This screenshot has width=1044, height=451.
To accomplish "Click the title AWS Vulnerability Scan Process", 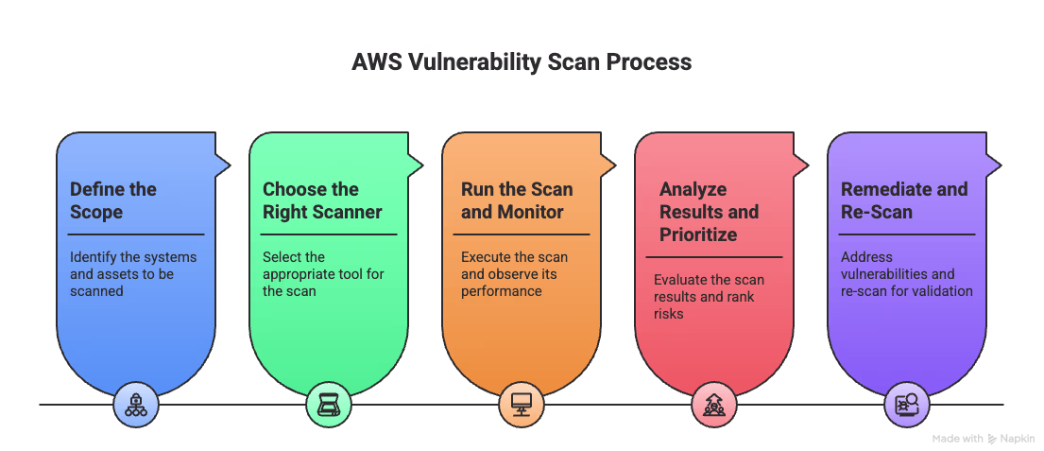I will [522, 63].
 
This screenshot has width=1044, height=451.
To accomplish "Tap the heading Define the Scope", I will [113, 200].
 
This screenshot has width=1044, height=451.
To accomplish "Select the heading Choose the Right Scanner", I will [311, 200].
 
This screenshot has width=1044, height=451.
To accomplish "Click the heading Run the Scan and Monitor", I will [517, 200].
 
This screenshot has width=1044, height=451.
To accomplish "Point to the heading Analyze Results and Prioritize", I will [709, 212].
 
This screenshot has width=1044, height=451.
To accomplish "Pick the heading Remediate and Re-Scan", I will [904, 200].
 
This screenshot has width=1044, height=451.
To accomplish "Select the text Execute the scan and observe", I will [514, 274].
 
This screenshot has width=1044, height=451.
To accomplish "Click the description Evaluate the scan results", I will [710, 297].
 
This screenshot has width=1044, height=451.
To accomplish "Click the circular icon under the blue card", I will [135, 405].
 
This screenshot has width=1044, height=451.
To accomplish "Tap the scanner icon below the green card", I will [328, 405].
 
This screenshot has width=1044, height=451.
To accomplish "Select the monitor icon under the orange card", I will [521, 405].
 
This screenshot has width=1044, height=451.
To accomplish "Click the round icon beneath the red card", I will [713, 405].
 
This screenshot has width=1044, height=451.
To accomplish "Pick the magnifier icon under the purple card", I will [906, 405].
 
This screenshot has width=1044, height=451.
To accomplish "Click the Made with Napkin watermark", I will [983, 439].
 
